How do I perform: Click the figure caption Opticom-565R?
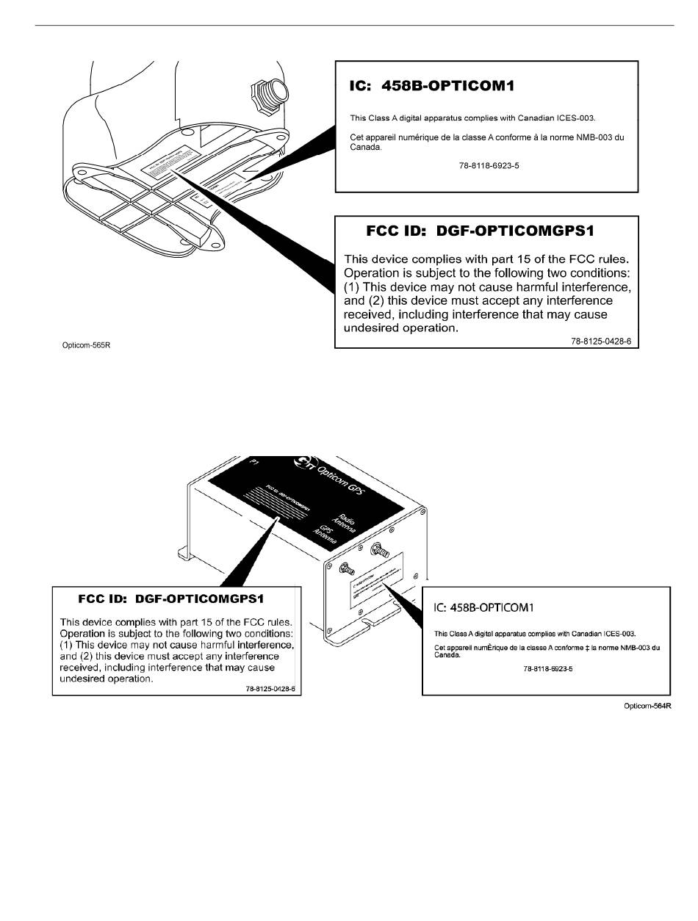[x=85, y=342]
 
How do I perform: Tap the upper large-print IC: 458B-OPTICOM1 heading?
[x=432, y=86]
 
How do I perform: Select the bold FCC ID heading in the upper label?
[x=480, y=231]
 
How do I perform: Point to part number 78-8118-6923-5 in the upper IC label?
[x=489, y=166]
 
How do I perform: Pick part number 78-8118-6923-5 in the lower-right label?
[x=548, y=670]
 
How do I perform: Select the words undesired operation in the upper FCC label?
[x=401, y=328]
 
